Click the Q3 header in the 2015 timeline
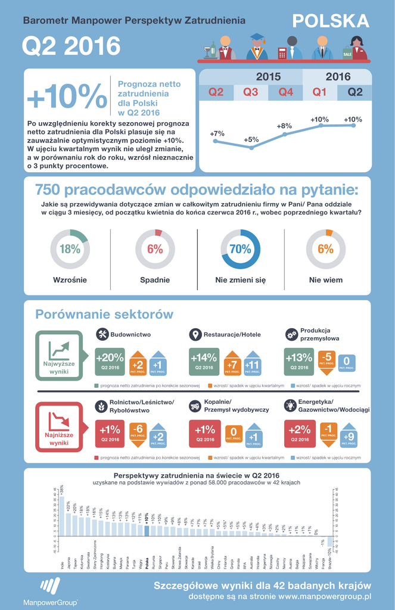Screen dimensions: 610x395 point(250,92)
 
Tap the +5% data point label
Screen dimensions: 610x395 point(251,140)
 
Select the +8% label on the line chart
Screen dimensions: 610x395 point(284,126)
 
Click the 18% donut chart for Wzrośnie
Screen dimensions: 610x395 point(70,249)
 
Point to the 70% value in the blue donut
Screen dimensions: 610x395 point(240,250)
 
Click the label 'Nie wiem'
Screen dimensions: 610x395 point(325,279)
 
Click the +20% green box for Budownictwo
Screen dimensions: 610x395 point(110,362)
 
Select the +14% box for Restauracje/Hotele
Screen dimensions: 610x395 point(204,362)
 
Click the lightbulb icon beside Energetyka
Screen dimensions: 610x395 point(291,406)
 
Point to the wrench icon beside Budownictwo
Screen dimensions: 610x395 point(102,334)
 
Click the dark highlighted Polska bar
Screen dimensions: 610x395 point(147,531)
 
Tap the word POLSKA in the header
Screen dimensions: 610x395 point(331,21)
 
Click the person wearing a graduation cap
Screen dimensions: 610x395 point(257,47)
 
